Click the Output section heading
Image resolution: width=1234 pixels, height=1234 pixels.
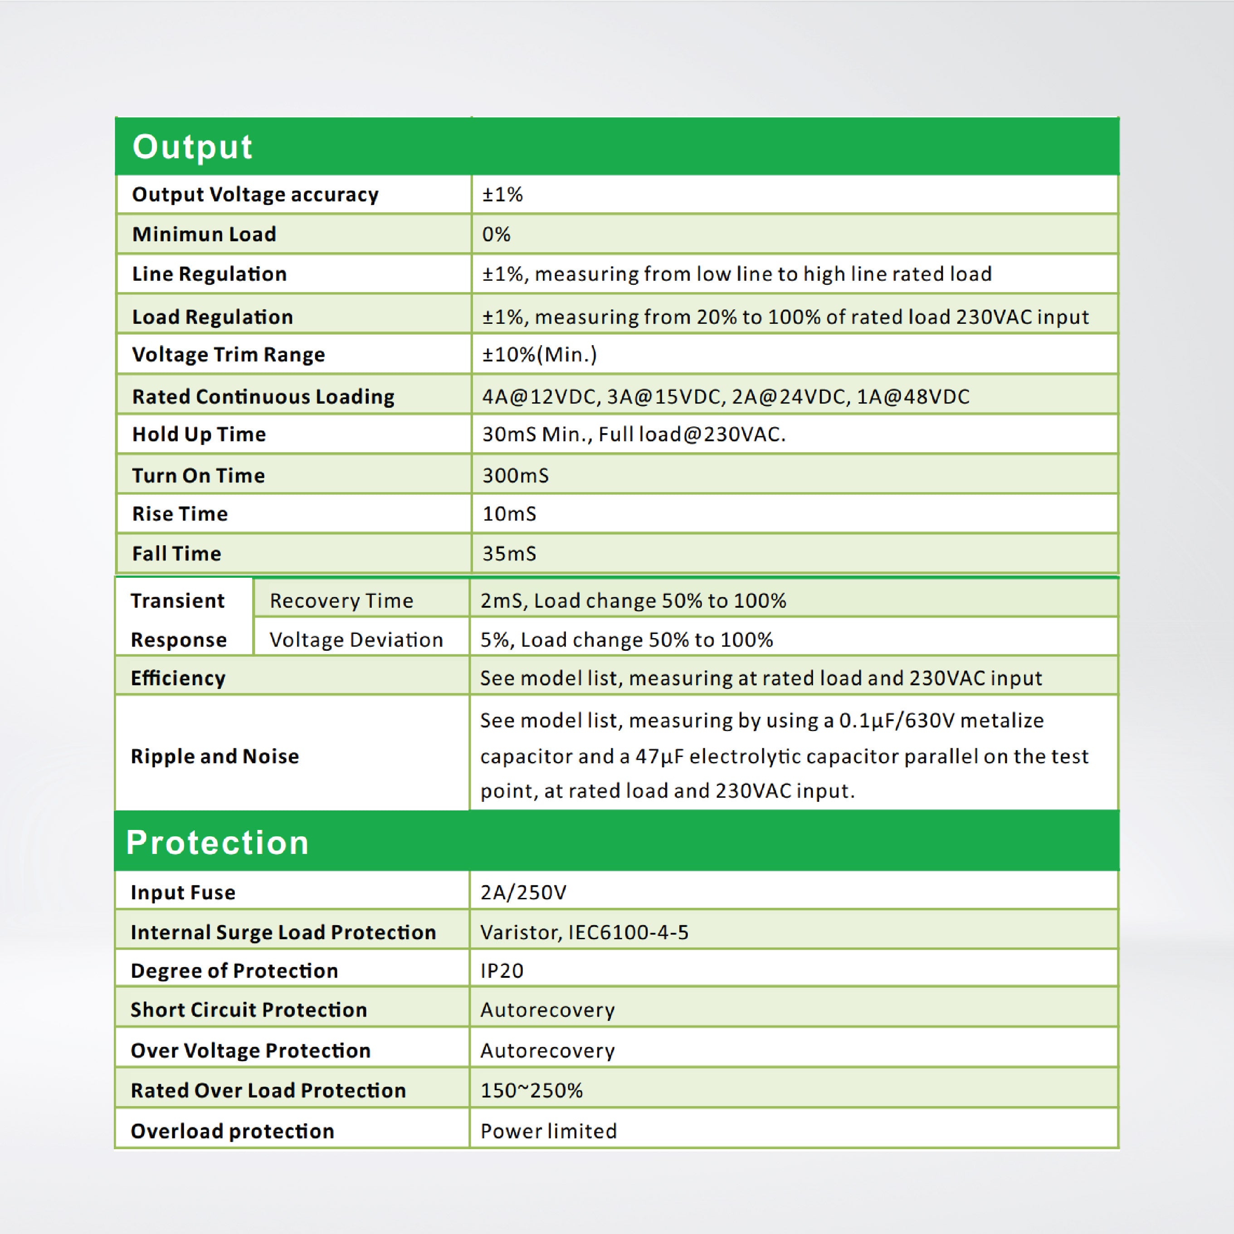[192, 146]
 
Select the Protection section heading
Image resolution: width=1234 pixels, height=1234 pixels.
[217, 842]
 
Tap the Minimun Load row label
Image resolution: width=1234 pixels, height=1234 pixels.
[204, 234]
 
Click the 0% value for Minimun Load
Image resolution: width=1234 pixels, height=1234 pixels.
[496, 234]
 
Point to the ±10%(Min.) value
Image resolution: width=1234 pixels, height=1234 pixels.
[539, 355]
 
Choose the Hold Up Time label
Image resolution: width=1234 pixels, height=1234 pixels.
[199, 434]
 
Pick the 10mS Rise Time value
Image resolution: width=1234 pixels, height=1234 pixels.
[509, 513]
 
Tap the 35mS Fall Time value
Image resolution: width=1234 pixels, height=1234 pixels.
[509, 553]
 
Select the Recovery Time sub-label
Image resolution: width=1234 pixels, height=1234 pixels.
[341, 600]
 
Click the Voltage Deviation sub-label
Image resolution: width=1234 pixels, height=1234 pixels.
[356, 639]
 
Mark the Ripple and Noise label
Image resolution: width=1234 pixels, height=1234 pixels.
[215, 756]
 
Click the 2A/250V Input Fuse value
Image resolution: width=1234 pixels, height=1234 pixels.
[523, 893]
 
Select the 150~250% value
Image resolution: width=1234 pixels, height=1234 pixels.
[532, 1090]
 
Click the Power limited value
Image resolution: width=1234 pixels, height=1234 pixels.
[548, 1131]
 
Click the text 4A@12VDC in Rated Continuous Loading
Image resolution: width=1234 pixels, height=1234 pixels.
[540, 397]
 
